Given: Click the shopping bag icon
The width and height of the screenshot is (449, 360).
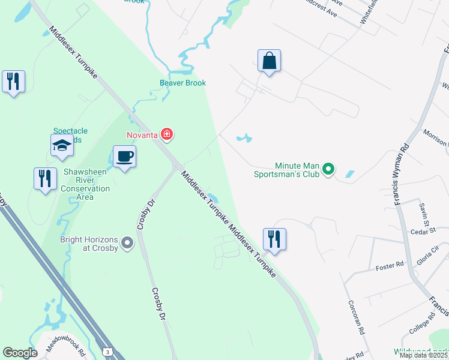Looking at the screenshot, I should coord(270,61).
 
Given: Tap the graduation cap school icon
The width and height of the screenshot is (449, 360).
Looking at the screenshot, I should coord(62,145).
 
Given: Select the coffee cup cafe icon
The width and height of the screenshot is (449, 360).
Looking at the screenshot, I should coord(124,157).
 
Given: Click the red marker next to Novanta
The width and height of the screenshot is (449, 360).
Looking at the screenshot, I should coord(167,134).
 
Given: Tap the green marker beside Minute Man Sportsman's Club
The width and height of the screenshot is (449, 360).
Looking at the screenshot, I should coord(328,170).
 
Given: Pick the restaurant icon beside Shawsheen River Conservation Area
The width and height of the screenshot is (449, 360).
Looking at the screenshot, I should coord(45,179).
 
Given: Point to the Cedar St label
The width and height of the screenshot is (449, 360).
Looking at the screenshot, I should coord(423,231).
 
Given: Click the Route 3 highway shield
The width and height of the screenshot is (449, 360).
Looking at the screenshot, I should coord(107,350).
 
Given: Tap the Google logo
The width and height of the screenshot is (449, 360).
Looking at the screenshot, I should coord(20,353).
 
